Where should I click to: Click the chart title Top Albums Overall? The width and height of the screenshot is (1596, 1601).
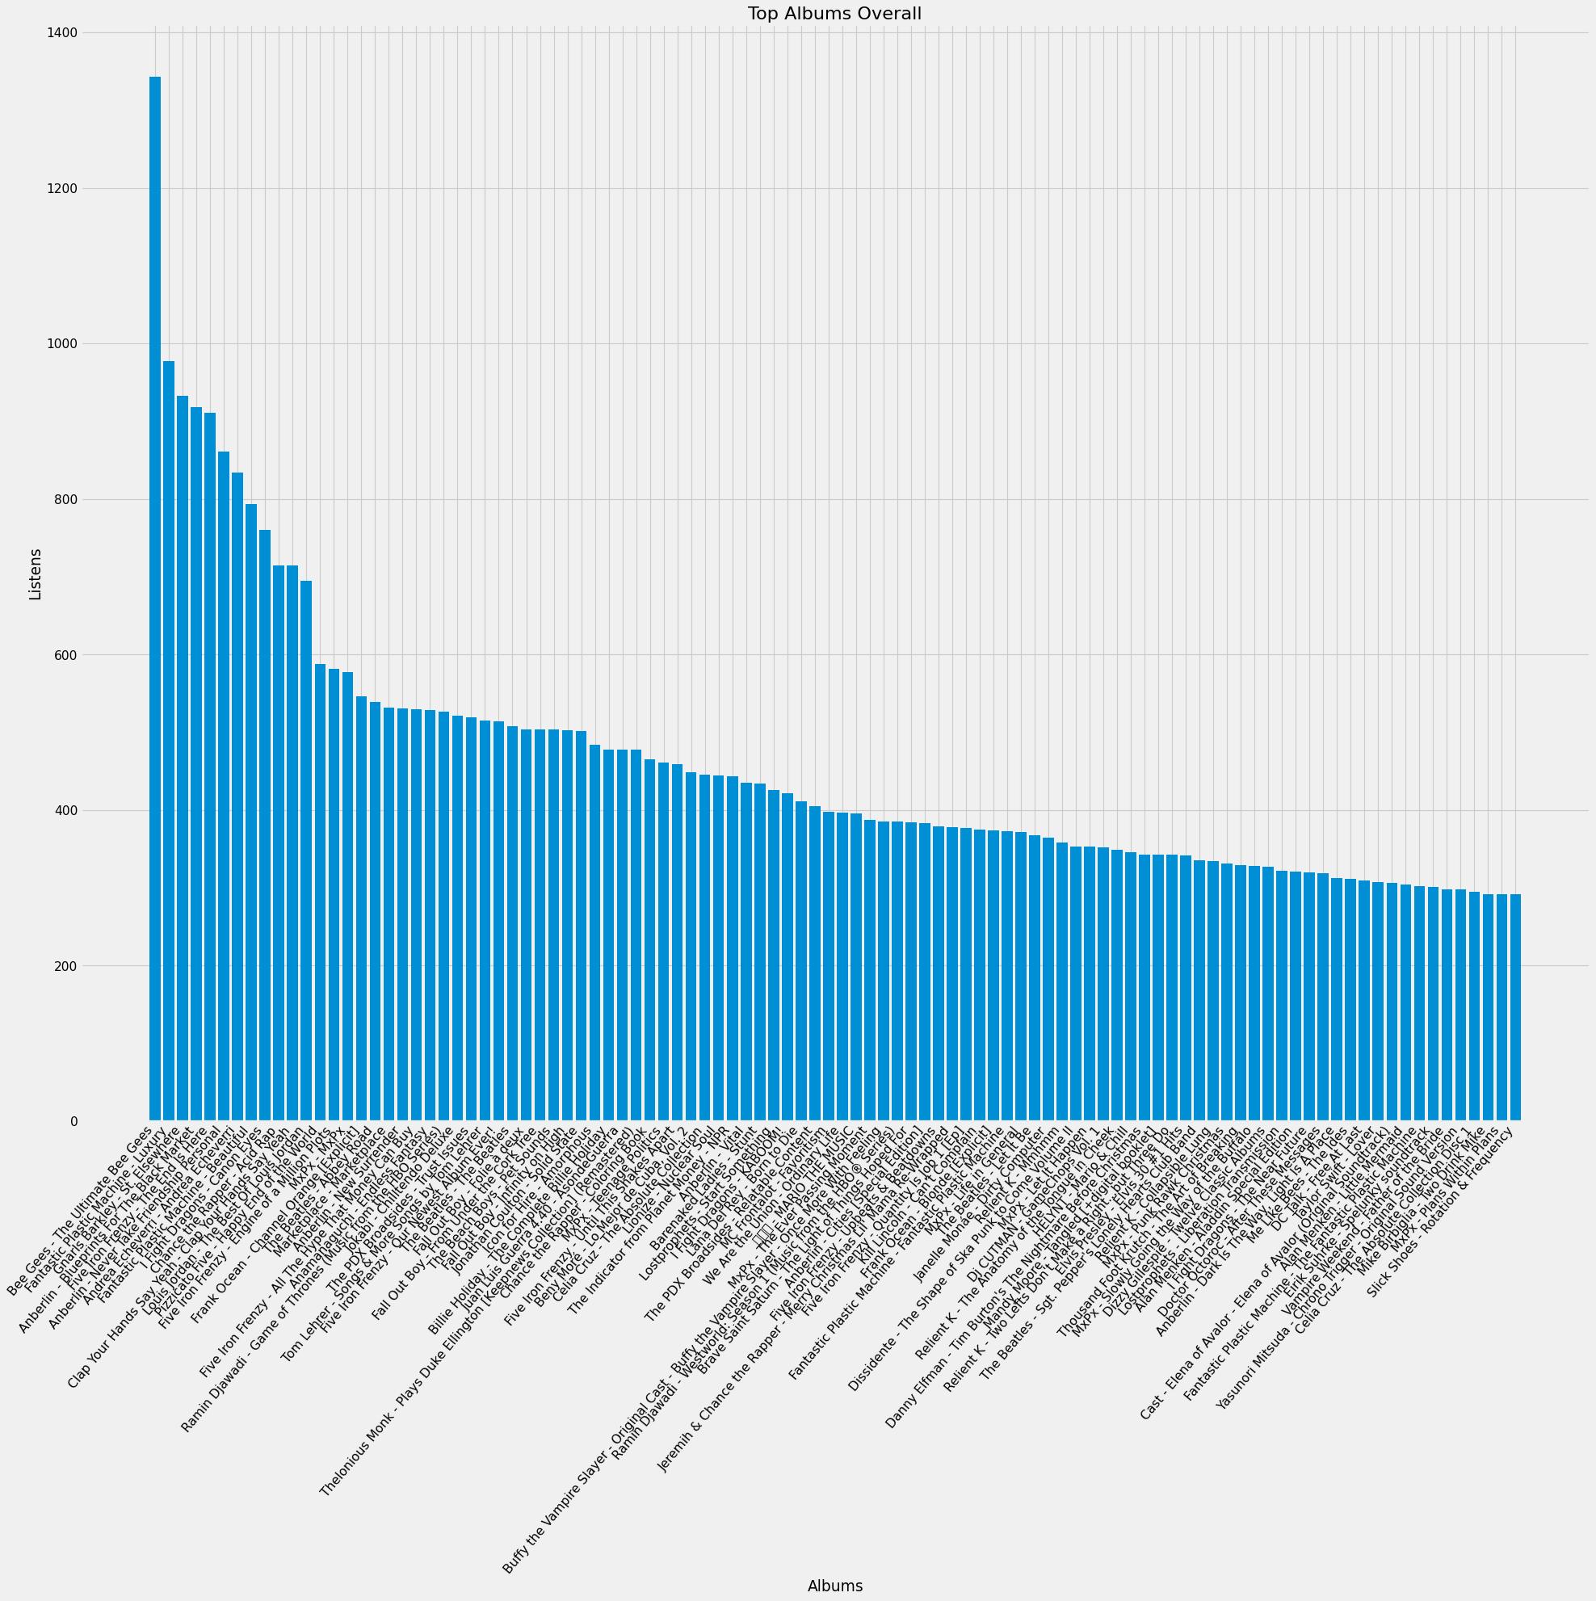[834, 13]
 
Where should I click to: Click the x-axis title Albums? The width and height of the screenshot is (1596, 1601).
[834, 1586]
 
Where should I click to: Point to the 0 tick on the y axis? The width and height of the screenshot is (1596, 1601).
[73, 1121]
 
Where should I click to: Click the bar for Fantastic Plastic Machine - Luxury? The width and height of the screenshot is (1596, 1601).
[169, 741]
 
